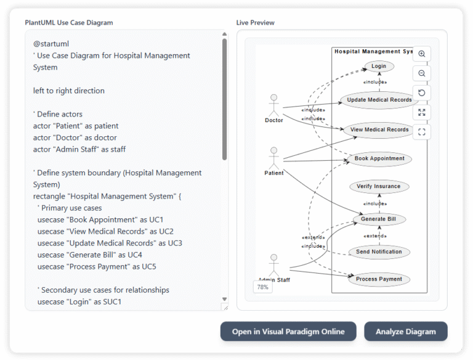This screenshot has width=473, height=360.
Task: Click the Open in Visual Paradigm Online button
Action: point(288,331)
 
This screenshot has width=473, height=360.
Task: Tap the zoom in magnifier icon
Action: point(422,54)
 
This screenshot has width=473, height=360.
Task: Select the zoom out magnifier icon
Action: point(422,73)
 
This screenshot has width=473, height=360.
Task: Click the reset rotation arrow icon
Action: point(422,93)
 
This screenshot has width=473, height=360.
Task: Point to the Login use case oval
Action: point(379,66)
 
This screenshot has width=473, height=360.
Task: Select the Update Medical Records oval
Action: point(379,100)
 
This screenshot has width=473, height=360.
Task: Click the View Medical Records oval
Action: point(379,129)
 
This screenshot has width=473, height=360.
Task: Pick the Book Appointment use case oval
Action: point(379,158)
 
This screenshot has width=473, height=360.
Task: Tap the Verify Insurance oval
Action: point(379,186)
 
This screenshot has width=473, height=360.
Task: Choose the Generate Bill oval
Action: point(379,219)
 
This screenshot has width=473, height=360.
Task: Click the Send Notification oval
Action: point(379,252)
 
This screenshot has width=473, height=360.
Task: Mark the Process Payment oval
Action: point(379,279)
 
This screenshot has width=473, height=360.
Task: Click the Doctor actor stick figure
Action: point(274,104)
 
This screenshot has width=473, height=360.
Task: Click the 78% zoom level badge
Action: point(262,287)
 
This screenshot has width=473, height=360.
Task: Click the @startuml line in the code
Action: point(51,44)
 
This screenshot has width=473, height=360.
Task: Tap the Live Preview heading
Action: point(256,23)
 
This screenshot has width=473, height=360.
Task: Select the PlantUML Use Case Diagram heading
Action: point(69,23)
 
